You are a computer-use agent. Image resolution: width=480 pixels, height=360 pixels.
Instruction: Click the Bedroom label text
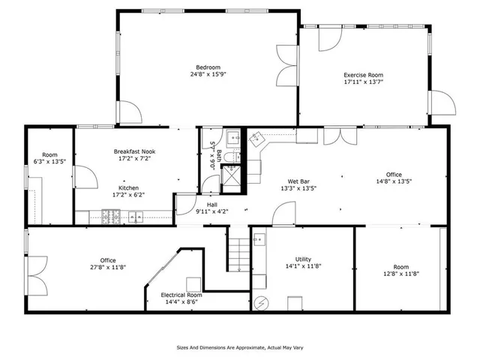click(208, 67)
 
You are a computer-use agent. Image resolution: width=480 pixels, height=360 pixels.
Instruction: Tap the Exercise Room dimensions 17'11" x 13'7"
click(364, 82)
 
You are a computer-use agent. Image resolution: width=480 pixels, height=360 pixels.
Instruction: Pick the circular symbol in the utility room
click(262, 303)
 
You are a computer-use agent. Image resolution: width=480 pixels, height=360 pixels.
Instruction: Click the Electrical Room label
click(181, 295)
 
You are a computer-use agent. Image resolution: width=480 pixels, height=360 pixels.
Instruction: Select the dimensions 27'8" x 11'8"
click(107, 267)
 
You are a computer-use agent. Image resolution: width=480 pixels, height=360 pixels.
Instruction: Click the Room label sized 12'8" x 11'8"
click(401, 266)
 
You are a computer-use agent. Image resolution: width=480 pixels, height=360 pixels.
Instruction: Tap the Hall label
click(212, 204)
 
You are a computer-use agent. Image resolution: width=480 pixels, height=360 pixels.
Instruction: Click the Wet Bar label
click(300, 181)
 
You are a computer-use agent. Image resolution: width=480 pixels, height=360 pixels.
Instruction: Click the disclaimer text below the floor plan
click(240, 347)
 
